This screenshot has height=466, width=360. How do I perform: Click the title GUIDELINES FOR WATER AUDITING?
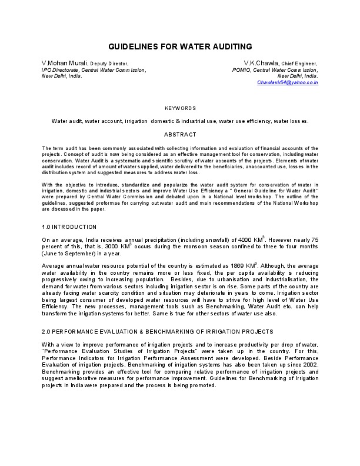180,46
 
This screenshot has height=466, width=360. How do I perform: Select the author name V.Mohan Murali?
64,63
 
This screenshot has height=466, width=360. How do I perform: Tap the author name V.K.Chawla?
262,63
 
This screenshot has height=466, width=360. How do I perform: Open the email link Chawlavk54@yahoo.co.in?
288,83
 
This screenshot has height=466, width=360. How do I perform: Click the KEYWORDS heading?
180,108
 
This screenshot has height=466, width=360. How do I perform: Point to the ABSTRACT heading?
180,135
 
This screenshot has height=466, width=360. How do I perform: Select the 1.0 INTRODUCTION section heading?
69,227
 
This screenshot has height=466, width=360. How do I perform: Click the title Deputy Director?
109,63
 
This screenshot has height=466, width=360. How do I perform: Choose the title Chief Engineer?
299,63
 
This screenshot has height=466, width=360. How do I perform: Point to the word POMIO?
242,69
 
